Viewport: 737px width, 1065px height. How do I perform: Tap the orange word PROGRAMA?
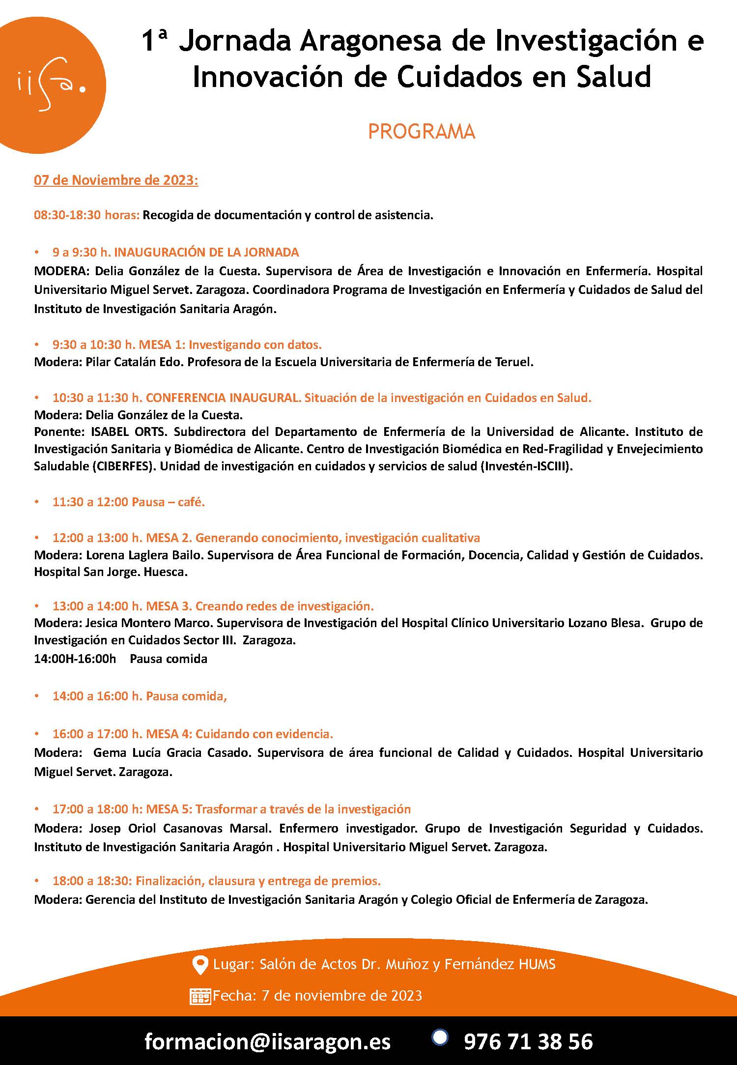(x=422, y=132)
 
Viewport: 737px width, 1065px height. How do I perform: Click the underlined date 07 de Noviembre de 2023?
(x=116, y=180)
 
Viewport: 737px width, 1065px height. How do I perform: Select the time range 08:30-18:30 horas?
(x=86, y=215)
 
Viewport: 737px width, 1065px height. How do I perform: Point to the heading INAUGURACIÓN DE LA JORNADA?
(x=206, y=252)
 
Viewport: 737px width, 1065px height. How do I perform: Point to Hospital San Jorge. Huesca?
(x=111, y=572)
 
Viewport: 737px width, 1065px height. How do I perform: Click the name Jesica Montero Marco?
(x=148, y=623)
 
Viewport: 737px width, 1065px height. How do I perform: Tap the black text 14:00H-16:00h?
(x=75, y=659)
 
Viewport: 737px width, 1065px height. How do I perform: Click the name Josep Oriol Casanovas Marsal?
(x=179, y=828)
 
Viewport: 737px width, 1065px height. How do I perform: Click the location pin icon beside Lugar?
(x=199, y=965)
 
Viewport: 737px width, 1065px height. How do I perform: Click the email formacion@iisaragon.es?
(x=267, y=1041)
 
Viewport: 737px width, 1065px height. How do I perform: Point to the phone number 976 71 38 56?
(x=528, y=1041)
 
